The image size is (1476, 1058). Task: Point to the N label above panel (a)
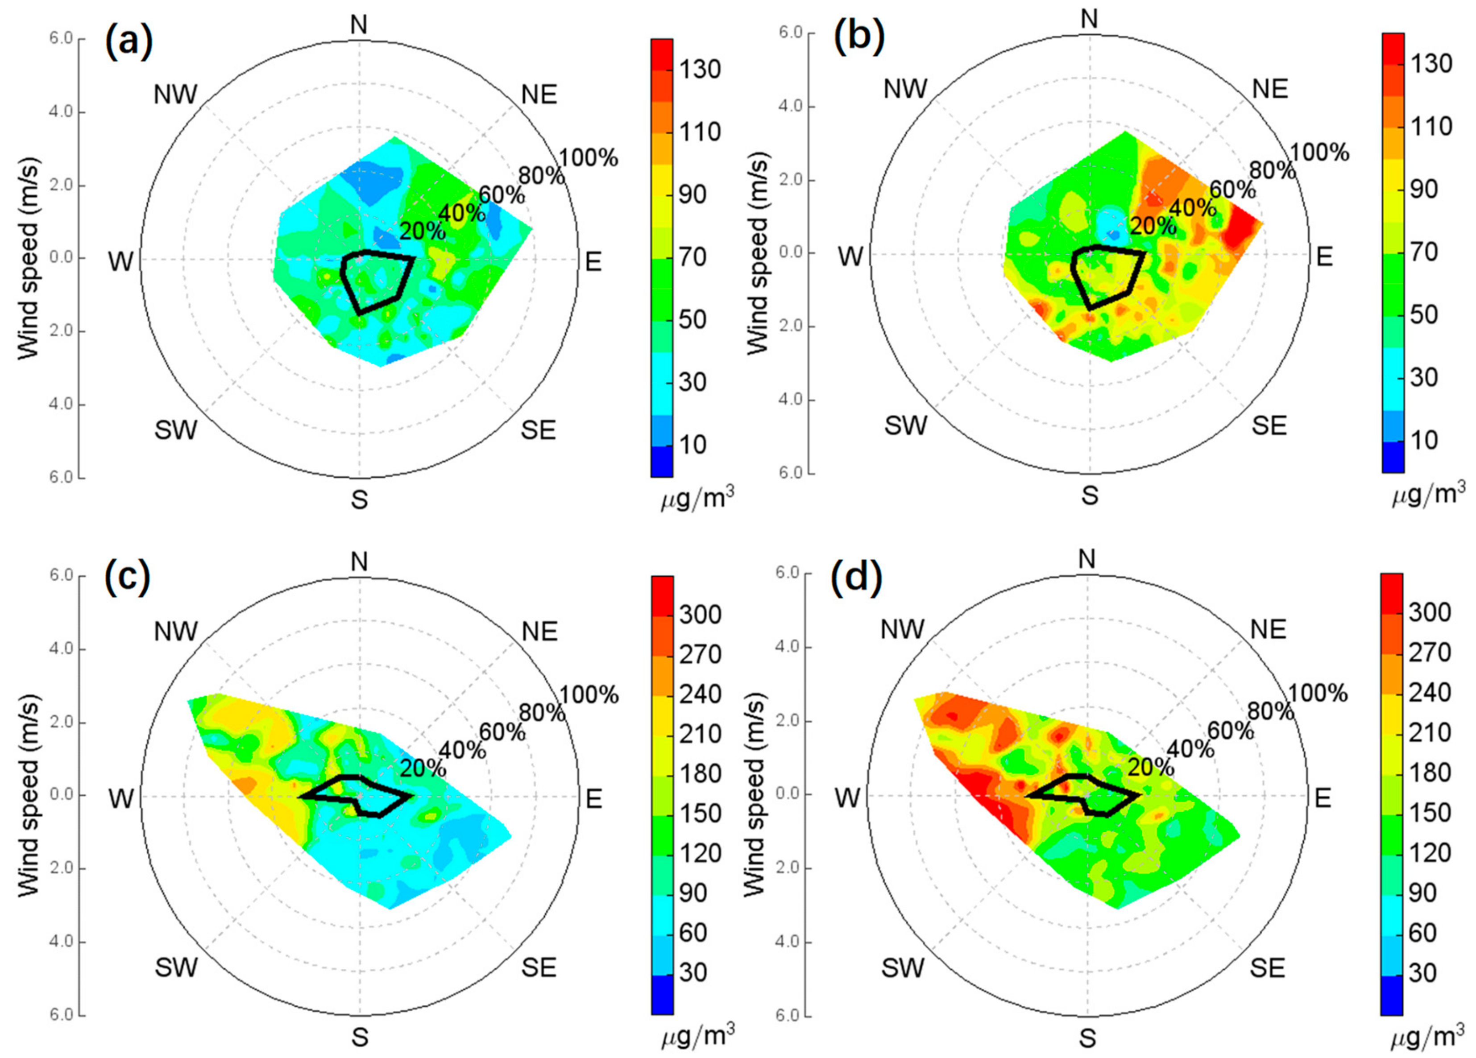(x=359, y=25)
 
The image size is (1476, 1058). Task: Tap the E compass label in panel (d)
(x=1323, y=798)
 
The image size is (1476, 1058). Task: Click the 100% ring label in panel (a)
(x=589, y=157)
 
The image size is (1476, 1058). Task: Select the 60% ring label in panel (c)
(x=502, y=732)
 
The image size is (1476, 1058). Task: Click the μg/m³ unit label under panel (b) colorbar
(x=1429, y=496)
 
